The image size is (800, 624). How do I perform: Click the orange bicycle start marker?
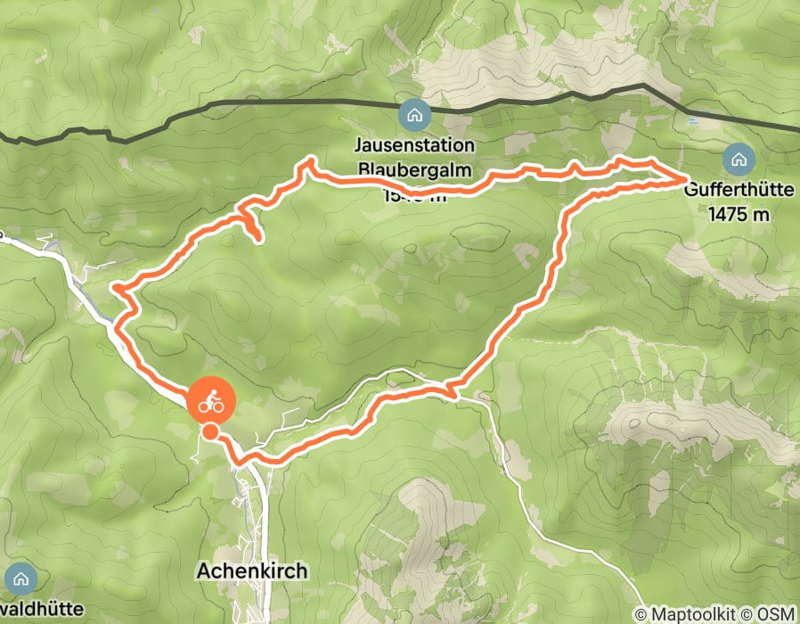click(210, 402)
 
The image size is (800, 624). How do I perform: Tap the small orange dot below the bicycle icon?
click(209, 432)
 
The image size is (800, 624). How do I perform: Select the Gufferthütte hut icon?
click(739, 160)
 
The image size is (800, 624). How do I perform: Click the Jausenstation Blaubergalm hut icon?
click(414, 114)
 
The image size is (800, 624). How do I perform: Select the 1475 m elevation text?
click(738, 214)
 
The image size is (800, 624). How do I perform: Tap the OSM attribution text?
click(777, 614)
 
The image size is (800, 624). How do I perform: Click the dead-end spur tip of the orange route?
click(258, 238)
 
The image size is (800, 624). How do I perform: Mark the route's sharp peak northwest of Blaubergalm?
click(312, 160)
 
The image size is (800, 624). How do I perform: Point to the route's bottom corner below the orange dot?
click(239, 460)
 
